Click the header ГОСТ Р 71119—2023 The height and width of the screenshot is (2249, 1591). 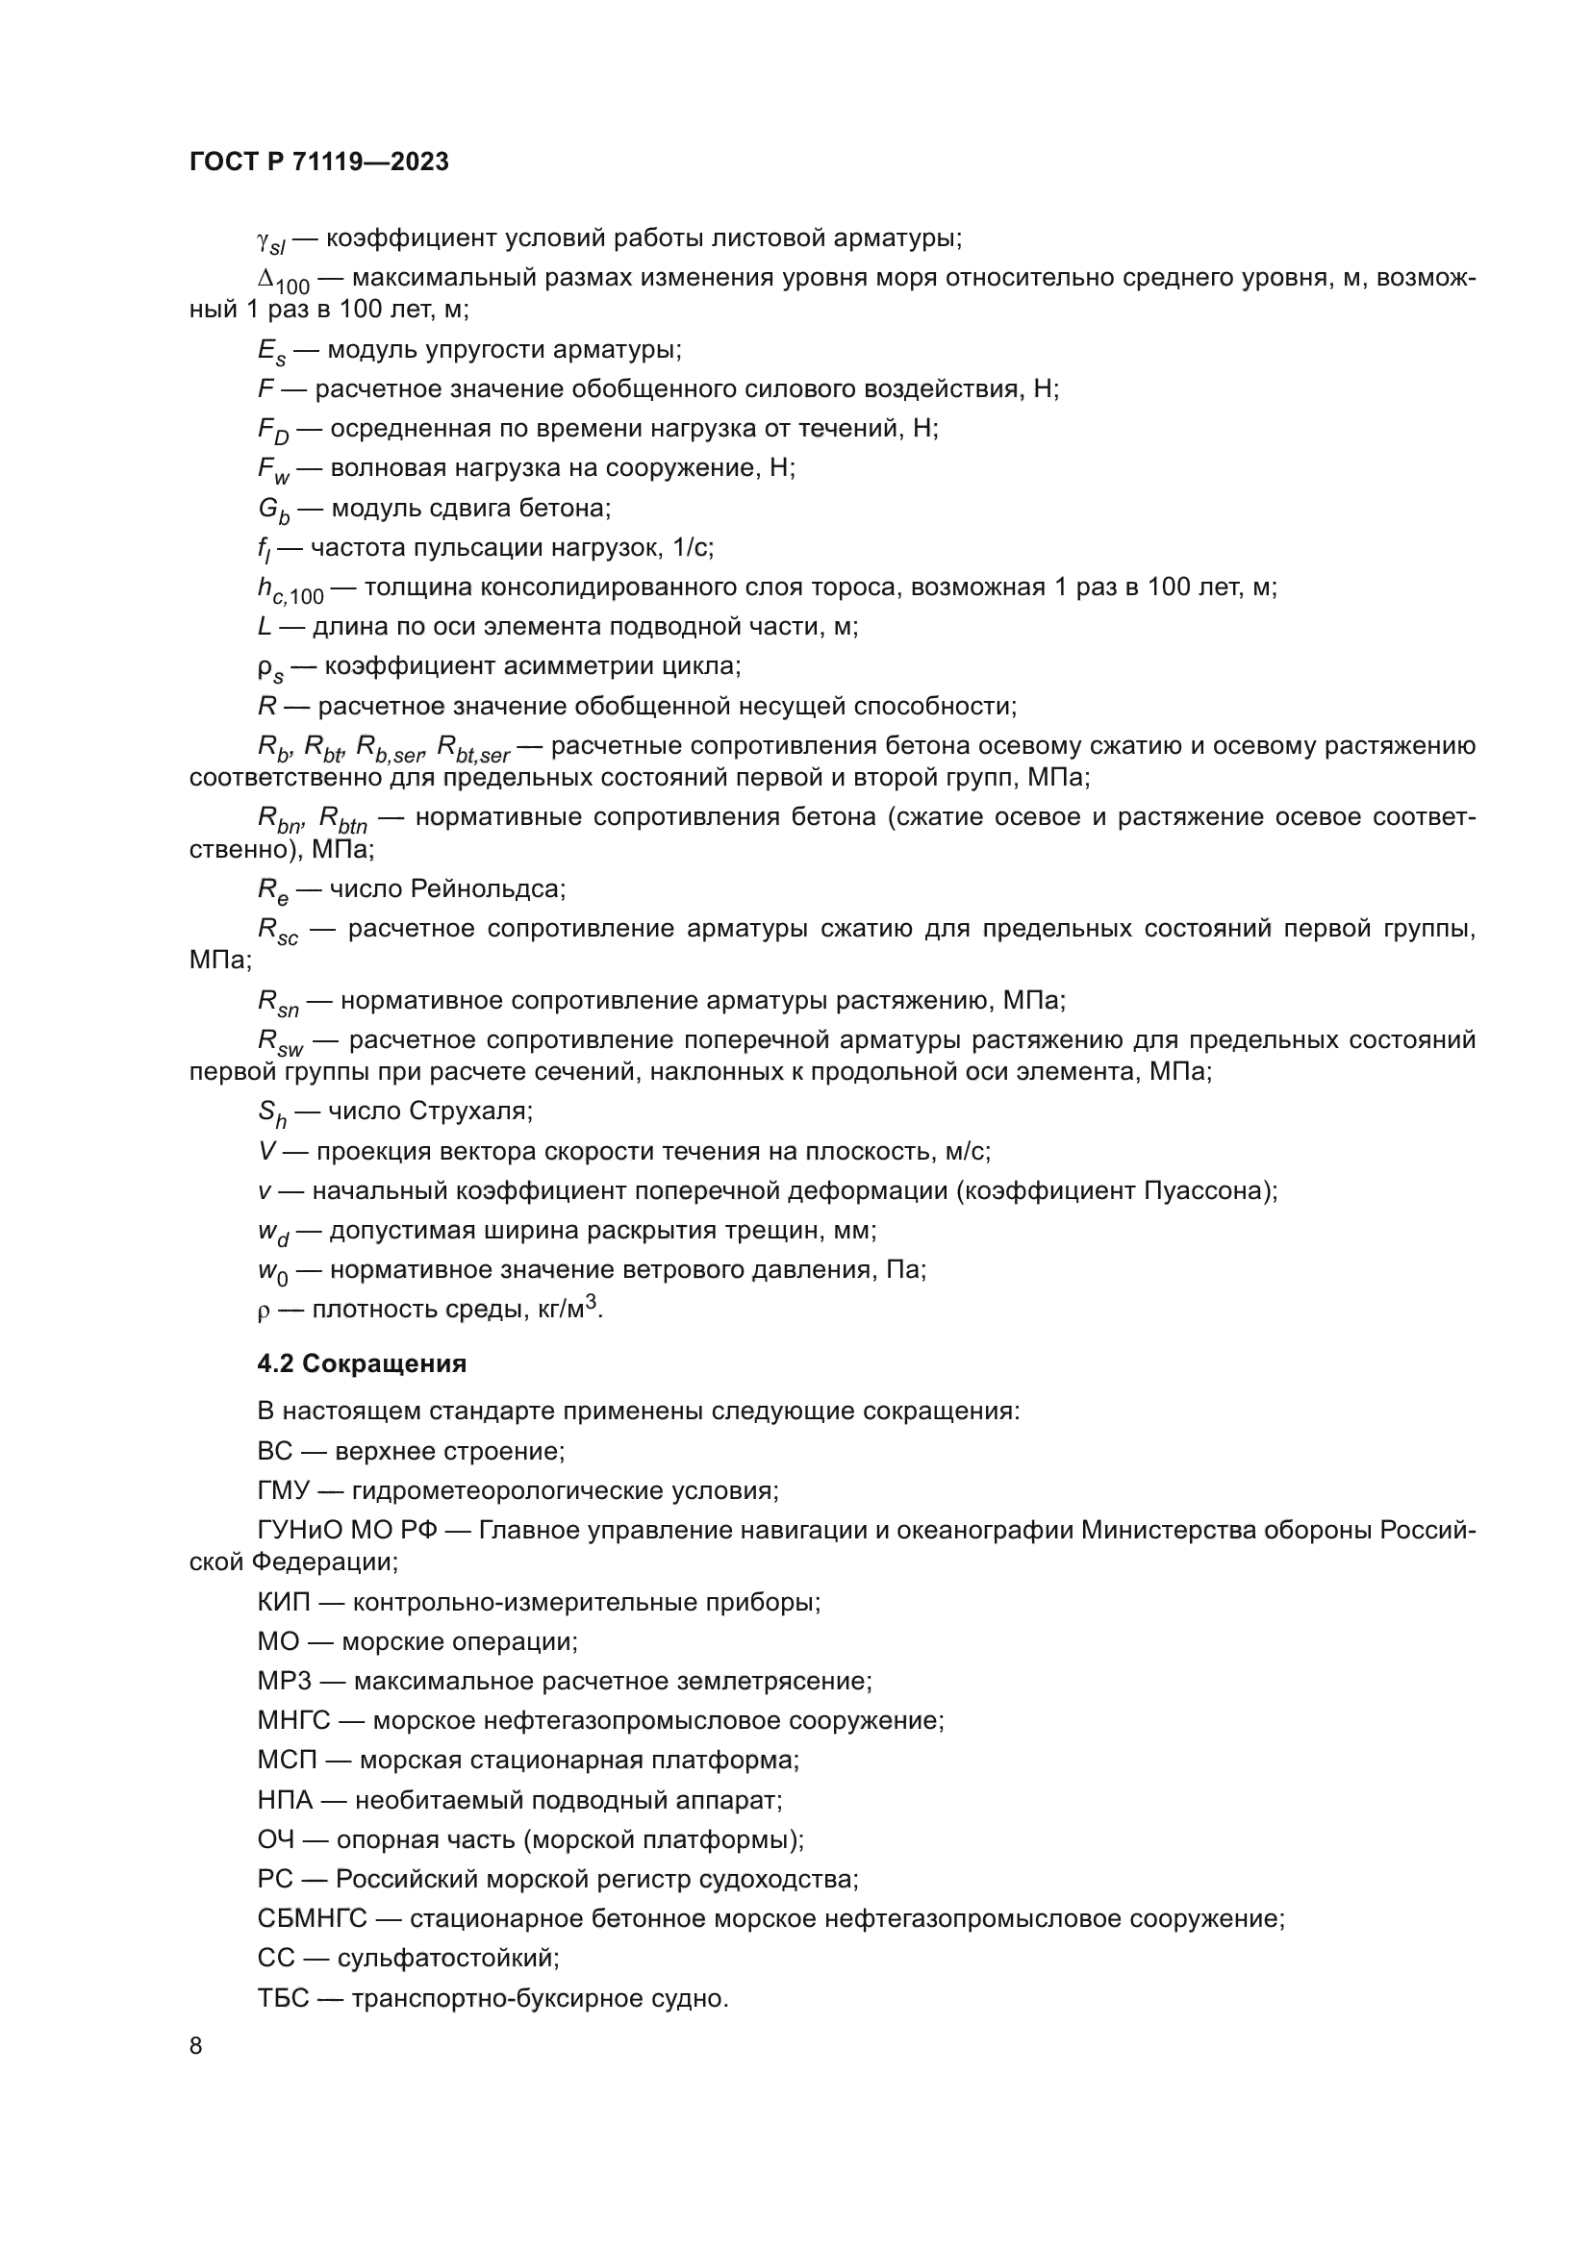(x=319, y=162)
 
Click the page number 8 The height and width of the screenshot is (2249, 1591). (x=196, y=2046)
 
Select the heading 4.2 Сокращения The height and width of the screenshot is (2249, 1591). (x=362, y=1362)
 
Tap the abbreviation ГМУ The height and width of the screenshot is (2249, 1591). (x=283, y=1491)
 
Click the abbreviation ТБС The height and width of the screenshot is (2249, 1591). (x=283, y=1998)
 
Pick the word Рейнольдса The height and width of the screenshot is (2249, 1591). (x=486, y=888)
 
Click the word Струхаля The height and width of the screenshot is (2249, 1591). (x=470, y=1111)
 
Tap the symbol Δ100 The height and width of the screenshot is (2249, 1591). (x=283, y=281)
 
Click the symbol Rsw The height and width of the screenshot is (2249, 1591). (x=280, y=1043)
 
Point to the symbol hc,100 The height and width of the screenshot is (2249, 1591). (x=290, y=590)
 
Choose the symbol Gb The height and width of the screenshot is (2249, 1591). (x=273, y=511)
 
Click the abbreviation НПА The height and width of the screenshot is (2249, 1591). (x=285, y=1799)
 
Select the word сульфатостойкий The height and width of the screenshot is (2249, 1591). (x=446, y=1958)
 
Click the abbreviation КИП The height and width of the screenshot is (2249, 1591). (x=283, y=1602)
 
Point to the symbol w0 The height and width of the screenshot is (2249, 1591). (x=271, y=1272)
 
